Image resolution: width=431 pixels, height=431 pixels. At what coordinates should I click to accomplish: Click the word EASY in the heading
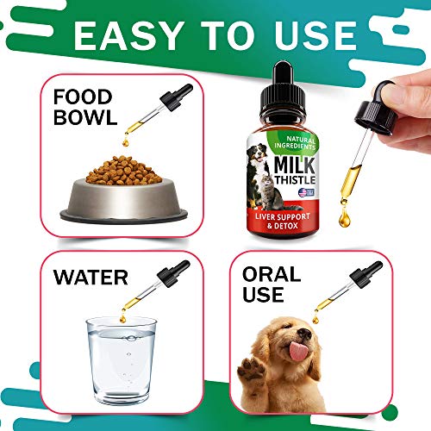point(128,35)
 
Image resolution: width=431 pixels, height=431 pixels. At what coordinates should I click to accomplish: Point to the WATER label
point(90,279)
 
